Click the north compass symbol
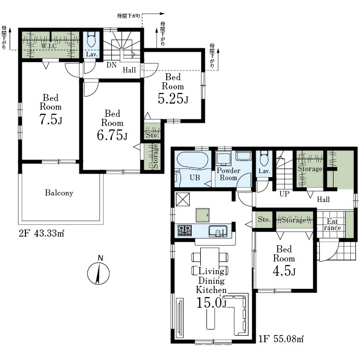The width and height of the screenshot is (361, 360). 98,271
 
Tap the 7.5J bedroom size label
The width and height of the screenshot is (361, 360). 51,119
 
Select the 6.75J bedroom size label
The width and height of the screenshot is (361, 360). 112,135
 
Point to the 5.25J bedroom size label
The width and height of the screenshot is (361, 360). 173,99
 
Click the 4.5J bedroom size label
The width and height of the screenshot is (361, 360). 284,271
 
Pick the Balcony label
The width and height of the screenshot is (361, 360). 59,192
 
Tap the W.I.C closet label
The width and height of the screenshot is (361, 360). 49,46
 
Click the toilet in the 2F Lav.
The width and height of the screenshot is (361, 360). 92,39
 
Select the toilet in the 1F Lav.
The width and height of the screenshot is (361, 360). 264,158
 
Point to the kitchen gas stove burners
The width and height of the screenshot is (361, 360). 185,230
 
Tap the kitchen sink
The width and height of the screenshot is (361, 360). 218,231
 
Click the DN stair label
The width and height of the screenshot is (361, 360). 111,65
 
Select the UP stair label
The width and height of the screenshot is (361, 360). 284,194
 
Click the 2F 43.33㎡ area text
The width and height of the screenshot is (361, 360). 42,234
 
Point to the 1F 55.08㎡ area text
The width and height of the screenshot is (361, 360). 281,339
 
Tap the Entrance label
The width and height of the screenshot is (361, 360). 332,224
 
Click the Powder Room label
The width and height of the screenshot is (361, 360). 228,174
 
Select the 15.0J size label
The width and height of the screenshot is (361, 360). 212,303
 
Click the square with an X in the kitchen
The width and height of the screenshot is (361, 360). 183,199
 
